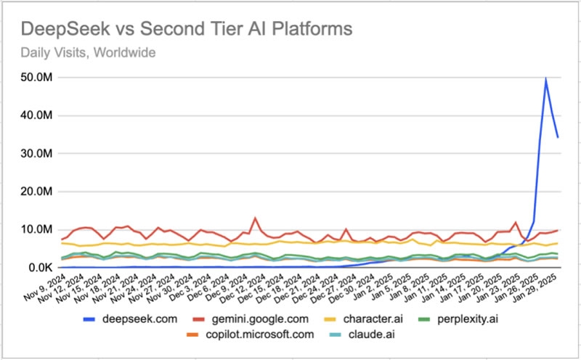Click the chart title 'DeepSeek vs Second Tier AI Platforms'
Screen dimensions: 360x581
tap(187, 29)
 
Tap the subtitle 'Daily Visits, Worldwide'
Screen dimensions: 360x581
tap(88, 52)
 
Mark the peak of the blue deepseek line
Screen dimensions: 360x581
tap(545, 79)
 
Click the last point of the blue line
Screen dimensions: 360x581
tap(558, 136)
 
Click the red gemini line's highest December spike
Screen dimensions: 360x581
tap(255, 218)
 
